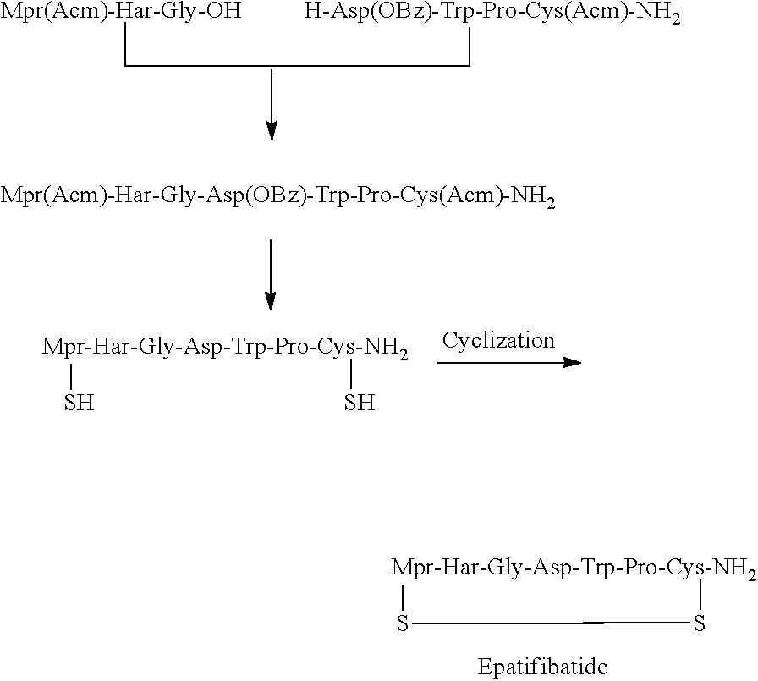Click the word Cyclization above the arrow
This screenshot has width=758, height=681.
[x=498, y=341]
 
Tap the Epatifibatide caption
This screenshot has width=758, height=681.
[x=542, y=667]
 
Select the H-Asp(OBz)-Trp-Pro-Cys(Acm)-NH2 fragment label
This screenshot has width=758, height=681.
[x=495, y=15]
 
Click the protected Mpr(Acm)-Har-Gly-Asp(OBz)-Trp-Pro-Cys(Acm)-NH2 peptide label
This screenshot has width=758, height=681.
[x=278, y=197]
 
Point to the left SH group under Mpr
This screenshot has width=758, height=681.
[x=79, y=404]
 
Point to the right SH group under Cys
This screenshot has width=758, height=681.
[x=359, y=404]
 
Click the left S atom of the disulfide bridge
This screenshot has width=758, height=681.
[x=403, y=625]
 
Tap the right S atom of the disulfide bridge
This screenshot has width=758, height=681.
[x=700, y=625]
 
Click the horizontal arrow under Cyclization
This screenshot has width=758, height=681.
[x=509, y=363]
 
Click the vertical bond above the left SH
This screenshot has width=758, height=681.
[x=71, y=376]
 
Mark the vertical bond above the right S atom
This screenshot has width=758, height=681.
[x=700, y=596]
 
